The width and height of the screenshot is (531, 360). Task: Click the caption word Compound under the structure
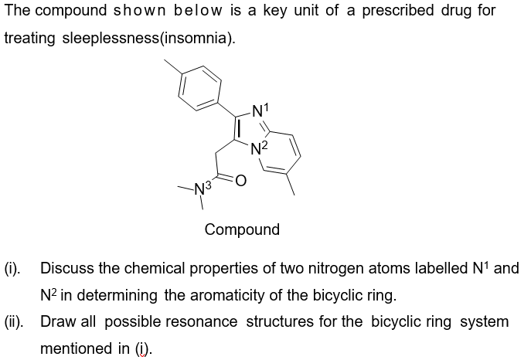242,229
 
